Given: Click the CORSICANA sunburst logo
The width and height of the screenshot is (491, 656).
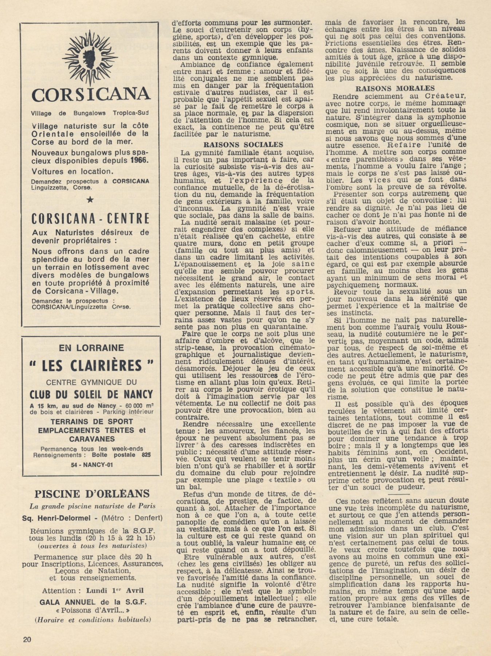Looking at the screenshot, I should [90, 58].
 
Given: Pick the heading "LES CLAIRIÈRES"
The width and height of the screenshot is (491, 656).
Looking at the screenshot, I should [91, 365].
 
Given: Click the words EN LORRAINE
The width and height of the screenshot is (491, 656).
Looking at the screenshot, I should [91, 348].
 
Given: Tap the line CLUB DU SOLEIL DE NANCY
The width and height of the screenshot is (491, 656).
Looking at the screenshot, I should [91, 394].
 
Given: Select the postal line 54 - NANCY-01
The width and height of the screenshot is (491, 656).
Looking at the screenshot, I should [91, 465].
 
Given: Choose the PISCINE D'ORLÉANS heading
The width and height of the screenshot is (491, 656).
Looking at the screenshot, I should [92, 494].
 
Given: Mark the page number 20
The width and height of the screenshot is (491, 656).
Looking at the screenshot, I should [27, 639].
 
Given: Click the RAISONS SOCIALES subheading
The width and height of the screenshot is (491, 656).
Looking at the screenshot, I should [243, 145].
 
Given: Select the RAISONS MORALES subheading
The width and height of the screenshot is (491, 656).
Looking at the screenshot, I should [394, 88].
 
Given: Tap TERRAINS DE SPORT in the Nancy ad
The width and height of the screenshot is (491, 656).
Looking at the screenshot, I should [92, 421].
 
